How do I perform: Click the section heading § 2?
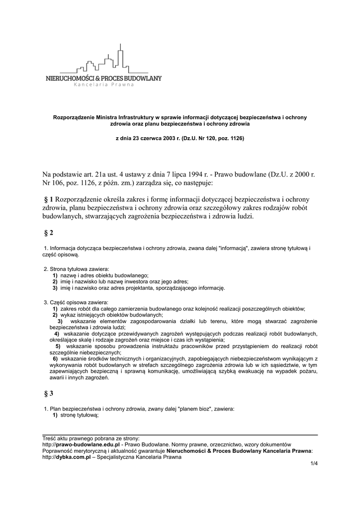[x=48, y=233]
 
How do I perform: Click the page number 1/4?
[x=313, y=464]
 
